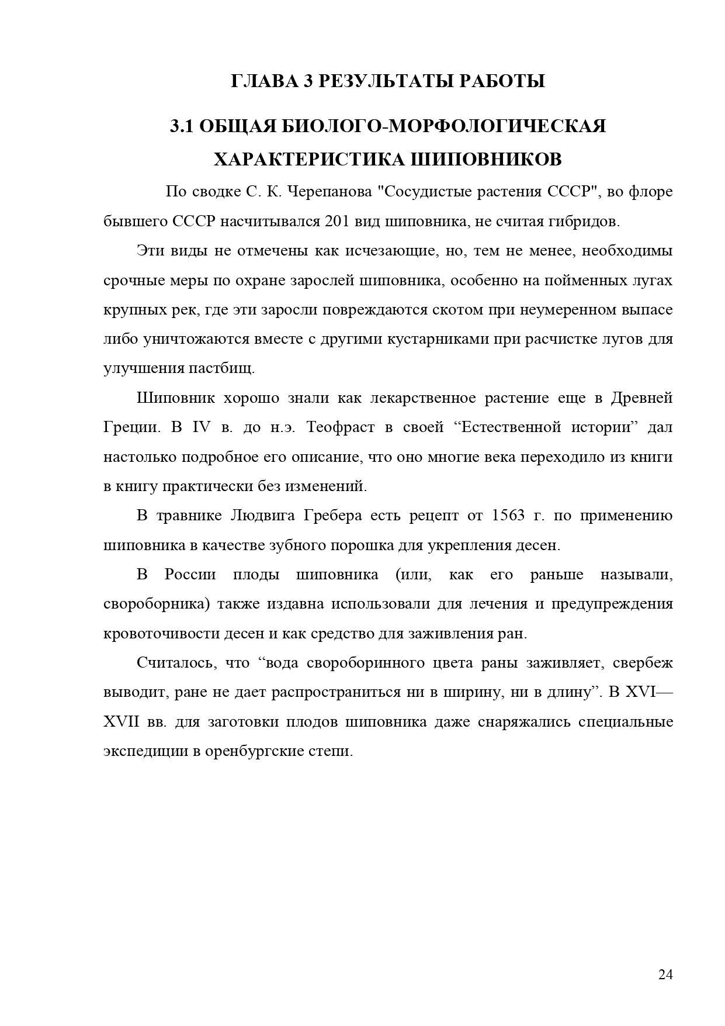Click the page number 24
(665, 974)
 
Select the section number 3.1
(182, 126)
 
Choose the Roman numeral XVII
(121, 721)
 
